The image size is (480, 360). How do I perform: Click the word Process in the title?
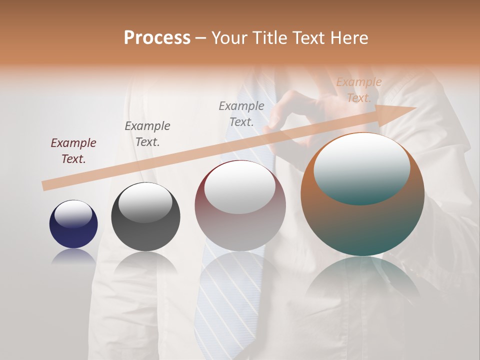(x=157, y=38)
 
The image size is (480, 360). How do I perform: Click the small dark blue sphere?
(x=73, y=224)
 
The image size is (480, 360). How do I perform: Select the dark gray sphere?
(x=145, y=217)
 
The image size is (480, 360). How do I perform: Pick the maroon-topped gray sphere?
(x=240, y=205)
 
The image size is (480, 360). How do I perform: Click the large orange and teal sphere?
(x=362, y=194)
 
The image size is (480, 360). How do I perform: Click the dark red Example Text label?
(x=73, y=151)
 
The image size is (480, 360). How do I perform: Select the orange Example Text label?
(x=358, y=90)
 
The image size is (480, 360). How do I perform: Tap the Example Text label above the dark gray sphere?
(x=147, y=133)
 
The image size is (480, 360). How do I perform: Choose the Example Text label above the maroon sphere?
(x=241, y=113)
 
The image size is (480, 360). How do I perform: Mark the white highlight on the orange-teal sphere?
(x=361, y=168)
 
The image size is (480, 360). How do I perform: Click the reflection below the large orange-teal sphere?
(x=362, y=280)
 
